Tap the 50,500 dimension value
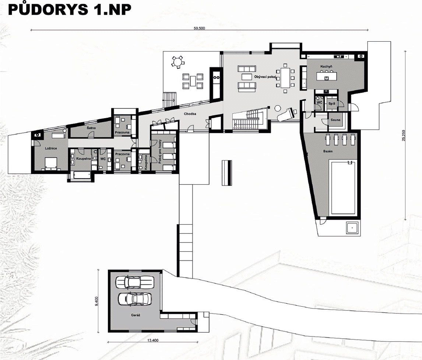(199, 28)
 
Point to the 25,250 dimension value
(403, 135)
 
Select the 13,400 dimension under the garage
(153, 340)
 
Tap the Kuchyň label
(326, 66)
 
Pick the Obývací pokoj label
(265, 77)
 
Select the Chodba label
(190, 114)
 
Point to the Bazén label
(328, 151)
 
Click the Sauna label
(335, 120)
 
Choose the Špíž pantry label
(332, 103)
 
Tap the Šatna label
(91, 128)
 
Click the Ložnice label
(51, 148)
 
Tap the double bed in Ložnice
(51, 163)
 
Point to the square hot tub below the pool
(352, 228)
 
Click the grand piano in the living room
(286, 114)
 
